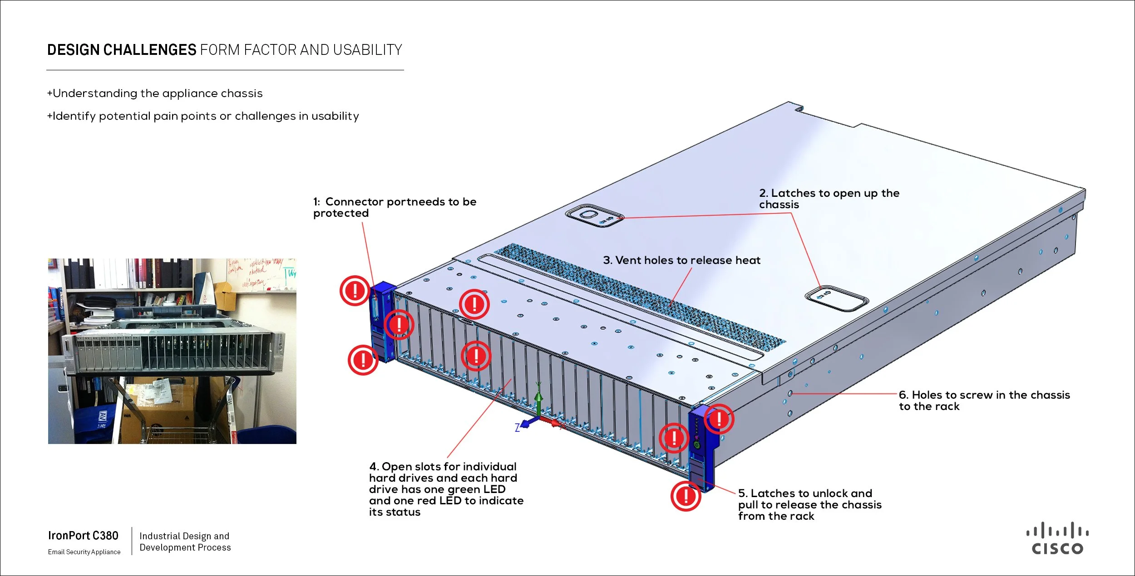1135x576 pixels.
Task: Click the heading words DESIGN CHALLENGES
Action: click(x=122, y=50)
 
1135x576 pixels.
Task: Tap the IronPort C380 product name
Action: click(x=83, y=536)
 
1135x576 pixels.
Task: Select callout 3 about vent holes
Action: click(x=681, y=260)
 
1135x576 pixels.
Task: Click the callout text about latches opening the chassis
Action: click(x=829, y=199)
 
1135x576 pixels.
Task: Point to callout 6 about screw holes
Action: click(x=984, y=400)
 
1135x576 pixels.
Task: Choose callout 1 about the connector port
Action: click(x=395, y=207)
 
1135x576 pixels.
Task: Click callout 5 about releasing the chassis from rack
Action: click(x=809, y=504)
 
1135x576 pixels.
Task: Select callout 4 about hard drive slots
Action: click(x=446, y=489)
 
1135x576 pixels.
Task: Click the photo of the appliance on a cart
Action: click(x=172, y=351)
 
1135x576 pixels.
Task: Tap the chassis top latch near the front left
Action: click(x=594, y=215)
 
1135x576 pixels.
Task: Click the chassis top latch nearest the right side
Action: click(x=836, y=298)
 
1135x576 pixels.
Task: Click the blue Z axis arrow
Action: click(x=525, y=424)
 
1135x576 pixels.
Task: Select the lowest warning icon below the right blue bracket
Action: click(x=686, y=496)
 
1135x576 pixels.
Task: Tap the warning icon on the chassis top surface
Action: click(x=474, y=304)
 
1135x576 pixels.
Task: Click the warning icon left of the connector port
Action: click(x=355, y=290)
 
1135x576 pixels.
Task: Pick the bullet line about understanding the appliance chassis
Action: click(x=155, y=93)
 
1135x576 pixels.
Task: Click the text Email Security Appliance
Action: click(x=84, y=552)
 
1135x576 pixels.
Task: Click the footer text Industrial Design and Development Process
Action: click(x=185, y=542)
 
